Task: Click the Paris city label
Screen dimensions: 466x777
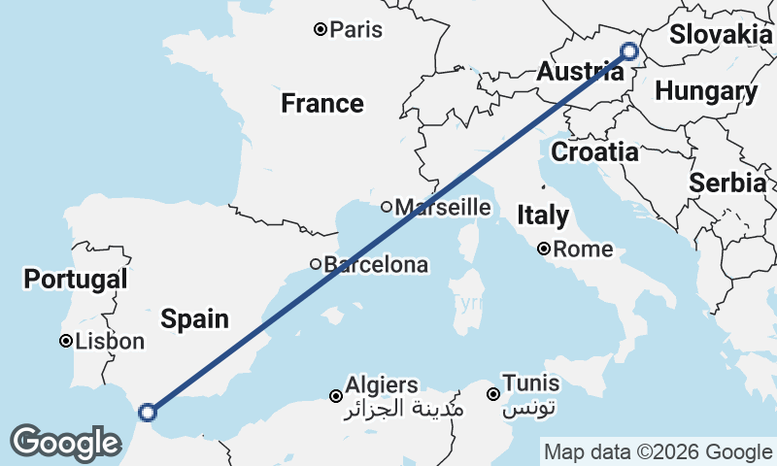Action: pyautogui.click(x=355, y=29)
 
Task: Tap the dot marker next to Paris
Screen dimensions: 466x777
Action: pyautogui.click(x=320, y=29)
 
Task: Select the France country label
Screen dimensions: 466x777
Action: pyautogui.click(x=322, y=103)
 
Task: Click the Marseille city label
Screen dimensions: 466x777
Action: pyautogui.click(x=443, y=207)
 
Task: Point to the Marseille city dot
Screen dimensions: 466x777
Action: pyautogui.click(x=387, y=206)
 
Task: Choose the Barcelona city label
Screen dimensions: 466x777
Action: pyautogui.click(x=375, y=264)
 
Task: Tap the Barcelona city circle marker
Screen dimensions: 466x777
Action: pyautogui.click(x=316, y=264)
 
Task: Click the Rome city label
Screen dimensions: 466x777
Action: pyautogui.click(x=583, y=250)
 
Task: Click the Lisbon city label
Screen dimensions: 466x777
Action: pyautogui.click(x=109, y=342)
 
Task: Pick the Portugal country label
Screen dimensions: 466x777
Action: pyautogui.click(x=75, y=280)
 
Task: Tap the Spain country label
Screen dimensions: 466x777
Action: pyautogui.click(x=195, y=318)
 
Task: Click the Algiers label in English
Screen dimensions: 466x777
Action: pyautogui.click(x=382, y=385)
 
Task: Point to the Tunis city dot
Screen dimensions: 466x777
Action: pyautogui.click(x=493, y=394)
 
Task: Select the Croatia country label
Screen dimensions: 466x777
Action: pyautogui.click(x=594, y=151)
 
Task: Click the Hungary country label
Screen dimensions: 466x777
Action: pyautogui.click(x=706, y=92)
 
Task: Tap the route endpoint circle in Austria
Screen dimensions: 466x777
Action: pyautogui.click(x=628, y=51)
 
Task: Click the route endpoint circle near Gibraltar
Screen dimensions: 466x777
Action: pyautogui.click(x=148, y=412)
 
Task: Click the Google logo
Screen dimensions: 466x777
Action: pyautogui.click(x=65, y=443)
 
